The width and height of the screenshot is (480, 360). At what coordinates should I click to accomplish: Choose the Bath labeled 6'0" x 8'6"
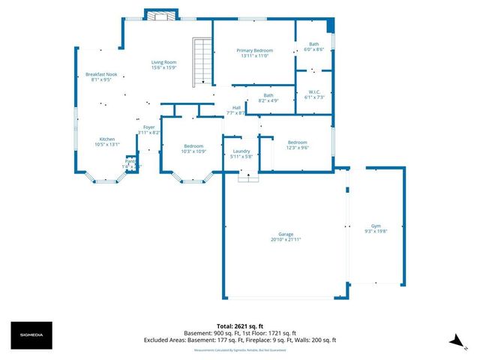pos(313,46)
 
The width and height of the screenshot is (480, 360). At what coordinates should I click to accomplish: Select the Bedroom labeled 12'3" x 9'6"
pos(297,145)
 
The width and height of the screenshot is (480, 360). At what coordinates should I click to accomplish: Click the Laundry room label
pos(241,154)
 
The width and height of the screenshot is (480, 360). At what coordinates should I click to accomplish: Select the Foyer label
pos(148,130)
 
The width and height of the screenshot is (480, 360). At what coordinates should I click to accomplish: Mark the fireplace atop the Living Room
pos(161,16)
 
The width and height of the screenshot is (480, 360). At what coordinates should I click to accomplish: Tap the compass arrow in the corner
pos(454,341)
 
